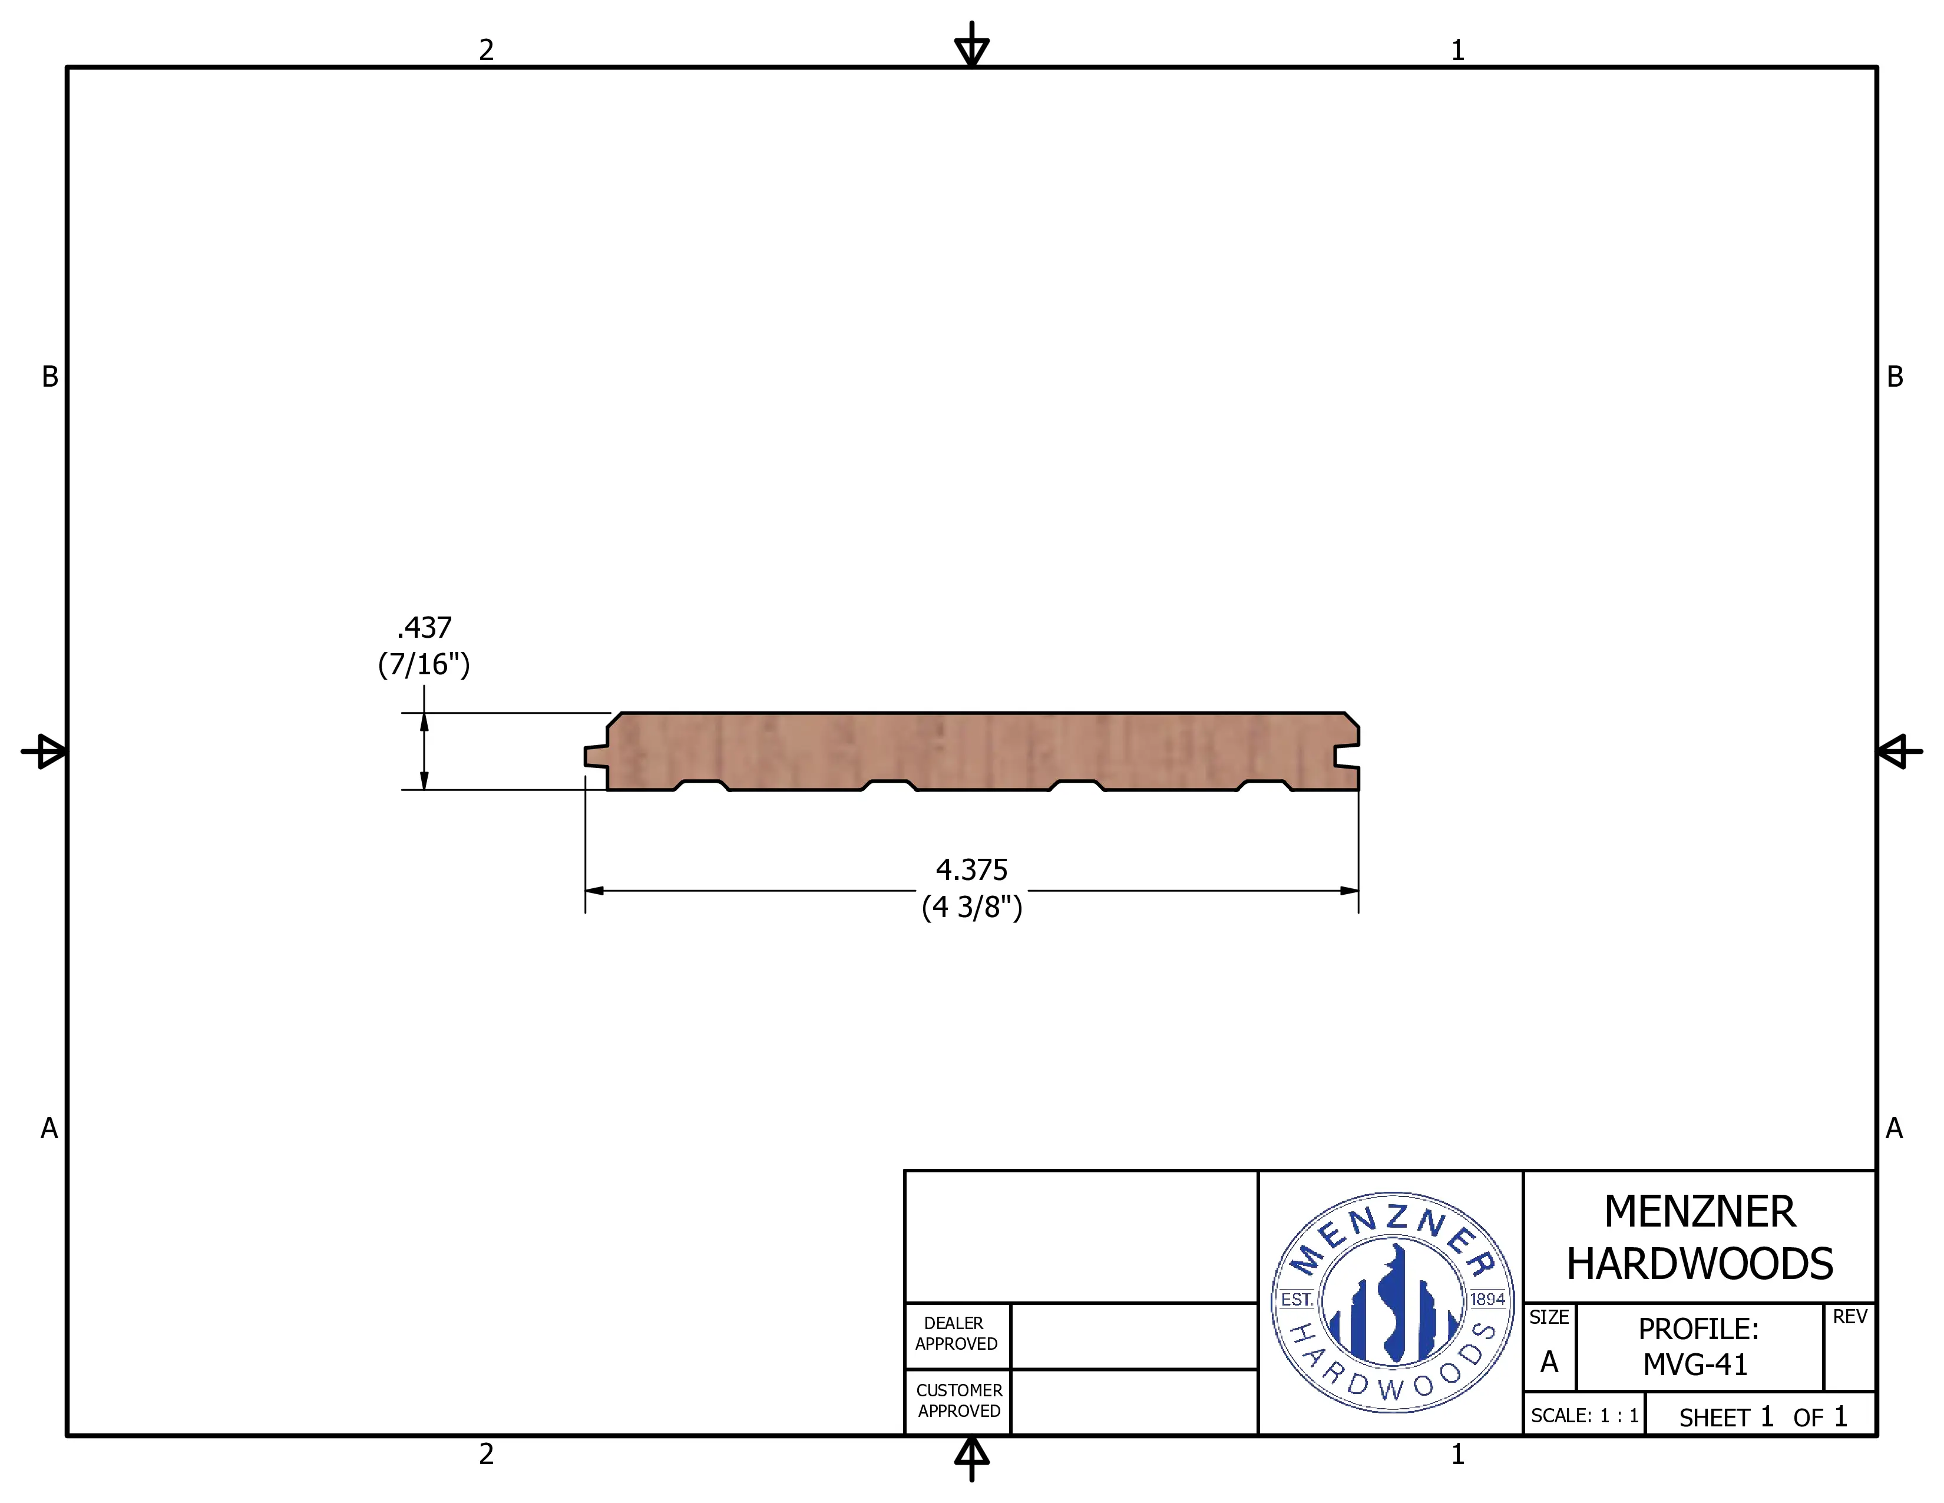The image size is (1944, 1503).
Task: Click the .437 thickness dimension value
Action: pyautogui.click(x=425, y=628)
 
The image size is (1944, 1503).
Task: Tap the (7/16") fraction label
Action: pyautogui.click(x=424, y=664)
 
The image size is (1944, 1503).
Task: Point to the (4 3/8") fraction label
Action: pyautogui.click(x=972, y=907)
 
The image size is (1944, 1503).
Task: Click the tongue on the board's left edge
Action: pyautogui.click(x=596, y=756)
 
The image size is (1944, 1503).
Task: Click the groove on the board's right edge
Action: pyautogui.click(x=1346, y=756)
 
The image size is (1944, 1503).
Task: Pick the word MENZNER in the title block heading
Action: pyautogui.click(x=1699, y=1212)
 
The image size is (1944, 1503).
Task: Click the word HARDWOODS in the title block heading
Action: pyautogui.click(x=1699, y=1264)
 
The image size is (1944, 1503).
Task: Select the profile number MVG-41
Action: pyautogui.click(x=1695, y=1364)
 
